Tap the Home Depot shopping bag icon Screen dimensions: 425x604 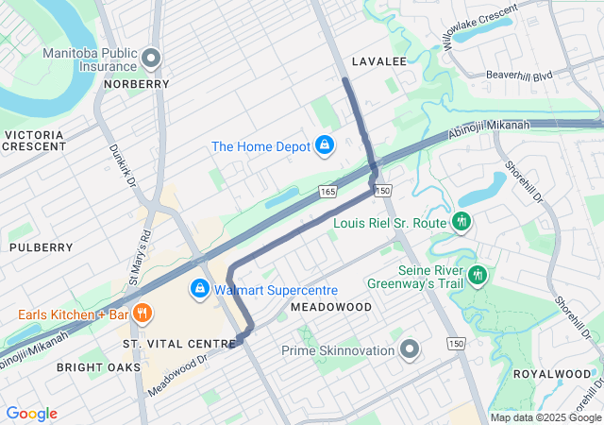click(324, 145)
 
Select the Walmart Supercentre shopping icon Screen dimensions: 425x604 click(200, 289)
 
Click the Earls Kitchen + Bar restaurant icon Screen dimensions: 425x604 click(143, 314)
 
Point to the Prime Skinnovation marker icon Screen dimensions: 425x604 click(409, 350)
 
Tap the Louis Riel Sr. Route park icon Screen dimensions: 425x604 click(461, 223)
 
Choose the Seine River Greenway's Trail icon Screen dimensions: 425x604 click(478, 275)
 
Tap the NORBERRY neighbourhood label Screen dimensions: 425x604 click(137, 84)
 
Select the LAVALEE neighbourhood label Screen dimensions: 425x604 click(378, 61)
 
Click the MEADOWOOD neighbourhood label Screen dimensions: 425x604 click(331, 308)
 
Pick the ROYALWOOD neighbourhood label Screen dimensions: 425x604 click(550, 374)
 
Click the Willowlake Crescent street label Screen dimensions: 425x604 click(479, 26)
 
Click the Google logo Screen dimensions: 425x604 click(32, 414)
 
